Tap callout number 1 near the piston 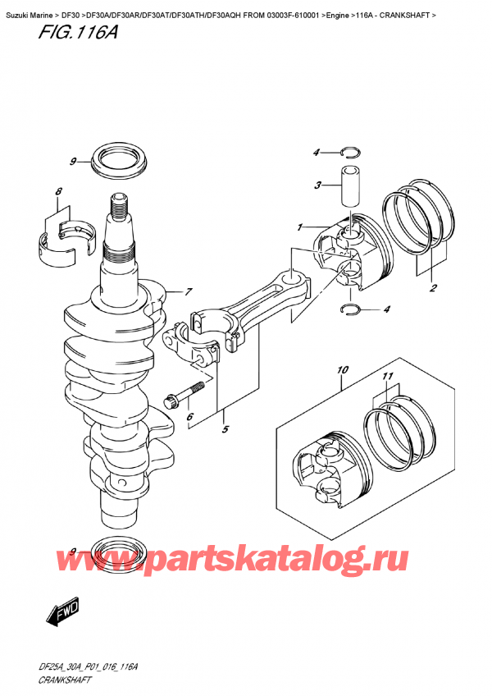301,227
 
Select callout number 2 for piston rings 432,287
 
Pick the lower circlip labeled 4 349,309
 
